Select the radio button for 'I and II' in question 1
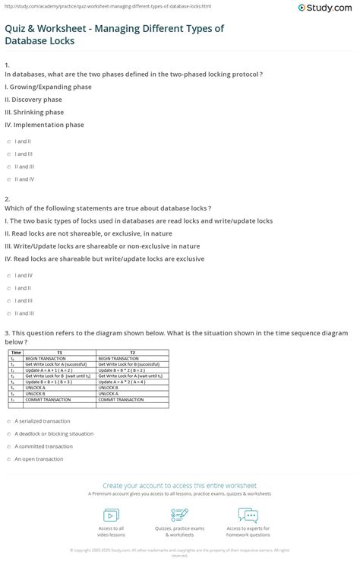8,141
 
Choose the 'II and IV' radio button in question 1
8,179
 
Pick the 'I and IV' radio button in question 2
8,276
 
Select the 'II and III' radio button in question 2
8,313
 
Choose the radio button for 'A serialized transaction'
8,421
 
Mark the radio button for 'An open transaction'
8,459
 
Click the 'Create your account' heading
180,484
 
